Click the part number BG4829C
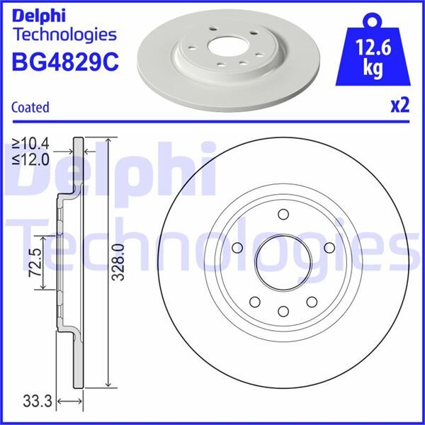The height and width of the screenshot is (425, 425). coord(63,61)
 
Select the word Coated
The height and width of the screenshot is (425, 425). coord(30,108)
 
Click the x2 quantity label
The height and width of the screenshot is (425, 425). coord(399,106)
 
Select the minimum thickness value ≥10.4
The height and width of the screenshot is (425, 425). coord(30,145)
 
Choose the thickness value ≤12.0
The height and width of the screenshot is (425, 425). coord(30,159)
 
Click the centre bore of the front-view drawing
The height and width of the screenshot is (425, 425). coord(282,262)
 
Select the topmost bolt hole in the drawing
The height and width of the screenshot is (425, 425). coord(282,215)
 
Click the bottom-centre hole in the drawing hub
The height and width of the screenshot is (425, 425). coord(282,310)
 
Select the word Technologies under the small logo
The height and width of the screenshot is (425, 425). coord(64,34)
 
